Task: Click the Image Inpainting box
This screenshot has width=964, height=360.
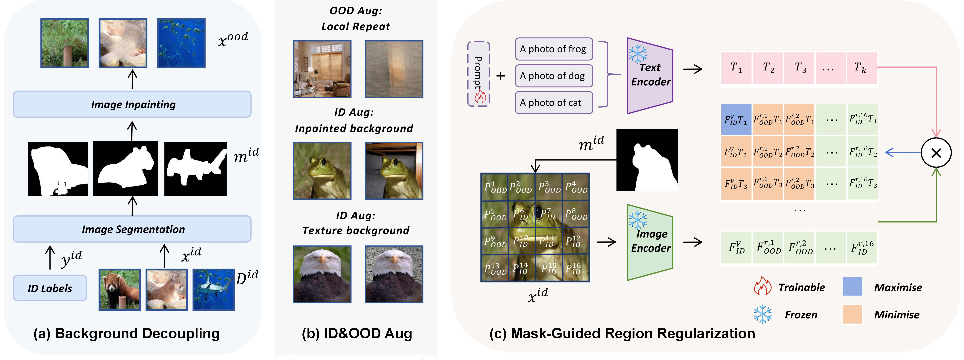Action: pyautogui.click(x=132, y=104)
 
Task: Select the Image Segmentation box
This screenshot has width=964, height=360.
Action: pyautogui.click(x=132, y=229)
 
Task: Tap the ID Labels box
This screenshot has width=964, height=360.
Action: pyautogui.click(x=50, y=288)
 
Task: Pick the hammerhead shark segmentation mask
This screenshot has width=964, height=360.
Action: pyautogui.click(x=195, y=169)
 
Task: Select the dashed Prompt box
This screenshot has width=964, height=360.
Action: pyautogui.click(x=478, y=74)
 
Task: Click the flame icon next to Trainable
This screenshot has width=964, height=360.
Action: pyautogui.click(x=762, y=287)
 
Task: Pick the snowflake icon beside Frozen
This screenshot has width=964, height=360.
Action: pyautogui.click(x=762, y=314)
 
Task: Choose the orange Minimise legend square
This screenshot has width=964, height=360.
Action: pyautogui.click(x=852, y=314)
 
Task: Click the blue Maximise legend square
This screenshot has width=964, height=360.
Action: pyautogui.click(x=852, y=287)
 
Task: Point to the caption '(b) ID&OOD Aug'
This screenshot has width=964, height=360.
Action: pyautogui.click(x=357, y=333)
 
